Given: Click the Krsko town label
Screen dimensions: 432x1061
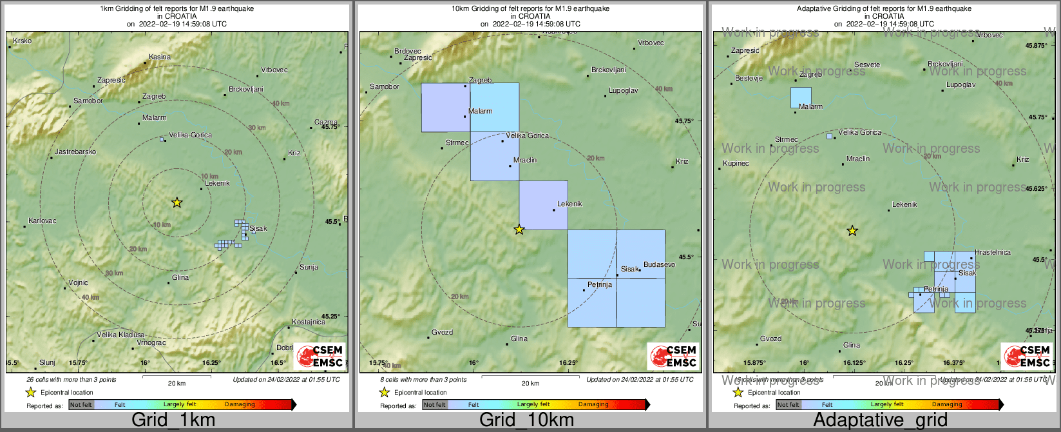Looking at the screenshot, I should pos(22,41).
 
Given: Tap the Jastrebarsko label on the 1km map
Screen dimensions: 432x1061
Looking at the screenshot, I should pos(75,152).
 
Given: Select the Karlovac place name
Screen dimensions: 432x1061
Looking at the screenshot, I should pos(43,221).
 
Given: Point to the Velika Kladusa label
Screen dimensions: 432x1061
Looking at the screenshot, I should pos(120,335).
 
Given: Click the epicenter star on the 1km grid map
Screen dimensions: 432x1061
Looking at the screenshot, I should pos(177,202).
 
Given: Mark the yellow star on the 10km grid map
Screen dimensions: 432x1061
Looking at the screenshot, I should pos(519,229).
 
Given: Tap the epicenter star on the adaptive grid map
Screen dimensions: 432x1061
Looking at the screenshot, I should pos(852,231).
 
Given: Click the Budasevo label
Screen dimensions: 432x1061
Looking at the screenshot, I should pos(659,265).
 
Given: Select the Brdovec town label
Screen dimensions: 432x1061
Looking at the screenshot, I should pos(407,52).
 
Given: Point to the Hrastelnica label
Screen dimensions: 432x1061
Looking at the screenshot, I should pos(993,253).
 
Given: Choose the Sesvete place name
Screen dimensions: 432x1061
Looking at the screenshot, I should pos(867,65).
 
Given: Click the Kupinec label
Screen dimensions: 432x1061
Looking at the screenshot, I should pos(736,164).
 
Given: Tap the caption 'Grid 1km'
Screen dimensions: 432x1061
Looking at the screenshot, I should pos(173,420).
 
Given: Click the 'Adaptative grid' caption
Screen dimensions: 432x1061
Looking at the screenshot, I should pos(880,420).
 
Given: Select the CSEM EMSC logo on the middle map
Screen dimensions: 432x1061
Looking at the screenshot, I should pos(673,356).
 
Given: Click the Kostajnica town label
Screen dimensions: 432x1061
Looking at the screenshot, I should pos(309,322).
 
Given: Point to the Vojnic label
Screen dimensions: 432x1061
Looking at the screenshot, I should pos(78,283).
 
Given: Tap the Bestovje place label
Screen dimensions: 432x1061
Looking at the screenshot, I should pos(749,79).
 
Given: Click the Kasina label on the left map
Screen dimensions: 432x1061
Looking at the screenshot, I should pos(160,57).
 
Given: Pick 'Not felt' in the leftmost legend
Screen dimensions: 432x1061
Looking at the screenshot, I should pos(81,405).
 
